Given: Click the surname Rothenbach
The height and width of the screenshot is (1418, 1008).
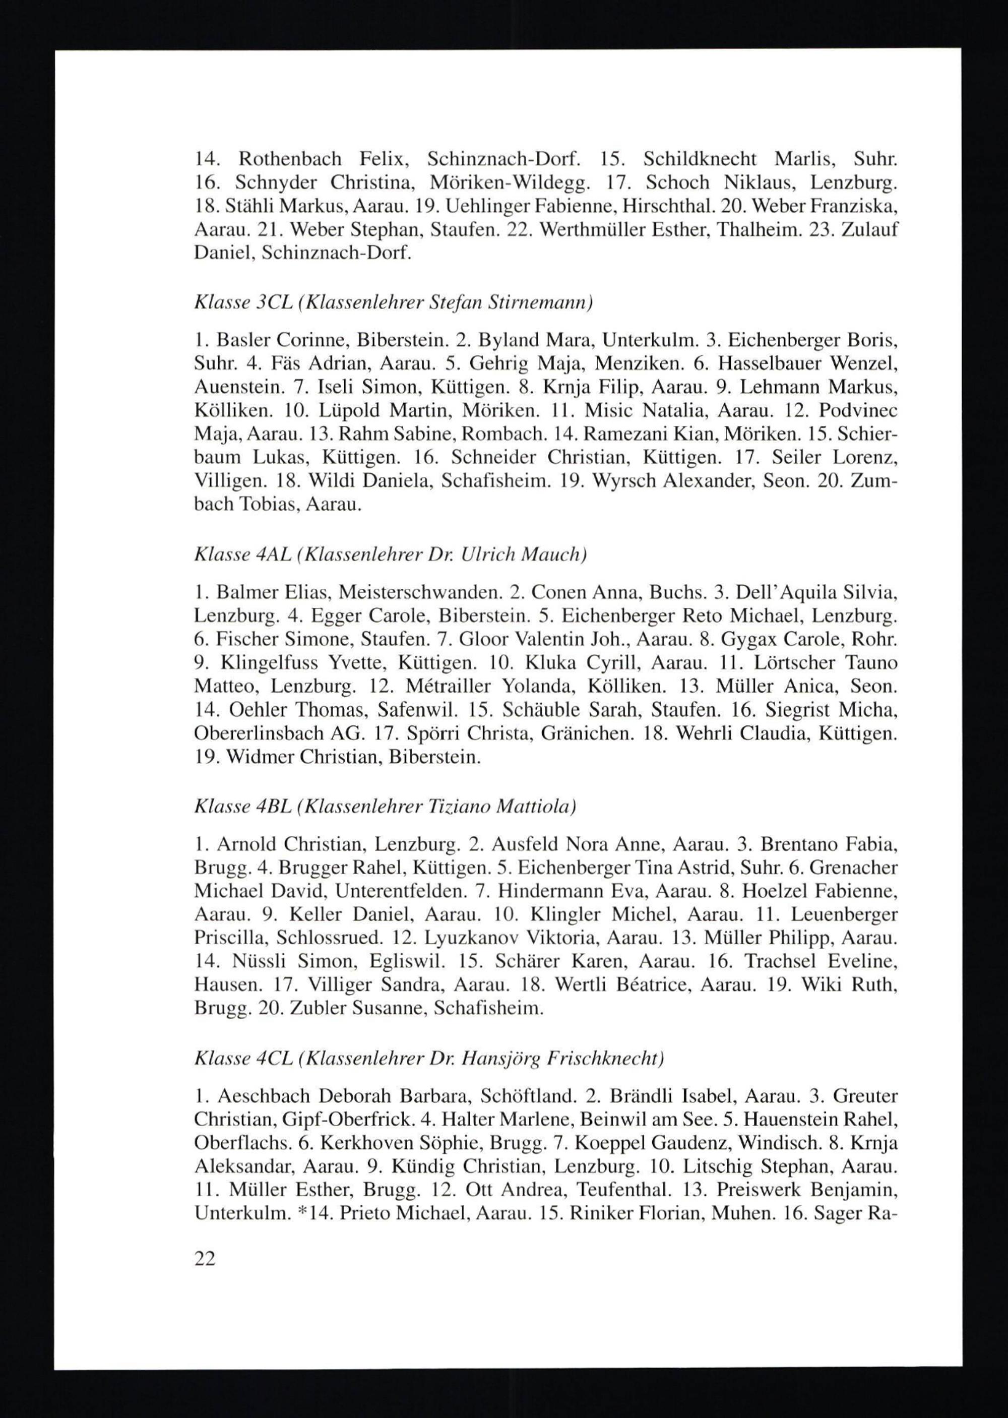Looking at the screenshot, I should pos(290,160).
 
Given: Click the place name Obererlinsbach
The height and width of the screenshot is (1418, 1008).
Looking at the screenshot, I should pos(260,733).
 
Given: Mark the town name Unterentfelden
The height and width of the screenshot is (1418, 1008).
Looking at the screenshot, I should pos(402,892).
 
